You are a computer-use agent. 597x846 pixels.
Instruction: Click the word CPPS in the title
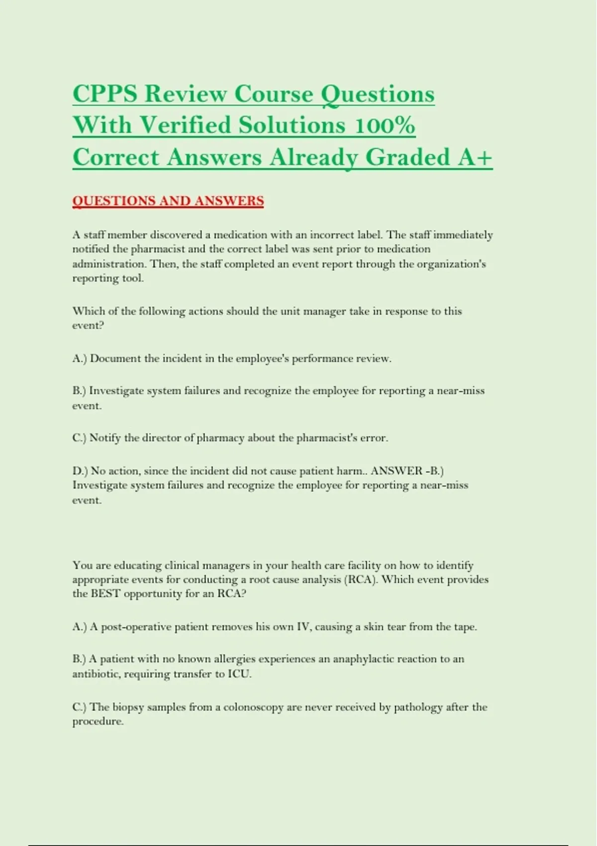click(104, 94)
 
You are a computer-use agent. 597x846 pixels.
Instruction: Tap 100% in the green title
click(385, 125)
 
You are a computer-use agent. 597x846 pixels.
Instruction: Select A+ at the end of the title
click(475, 157)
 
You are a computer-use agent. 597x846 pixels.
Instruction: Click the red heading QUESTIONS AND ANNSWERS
click(168, 201)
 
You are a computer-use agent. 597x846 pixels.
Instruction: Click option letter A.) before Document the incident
click(80, 358)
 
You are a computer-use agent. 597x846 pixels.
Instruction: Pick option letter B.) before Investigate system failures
click(80, 391)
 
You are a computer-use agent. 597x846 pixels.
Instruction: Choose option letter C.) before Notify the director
click(80, 438)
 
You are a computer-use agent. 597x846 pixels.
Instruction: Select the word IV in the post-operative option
click(303, 627)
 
